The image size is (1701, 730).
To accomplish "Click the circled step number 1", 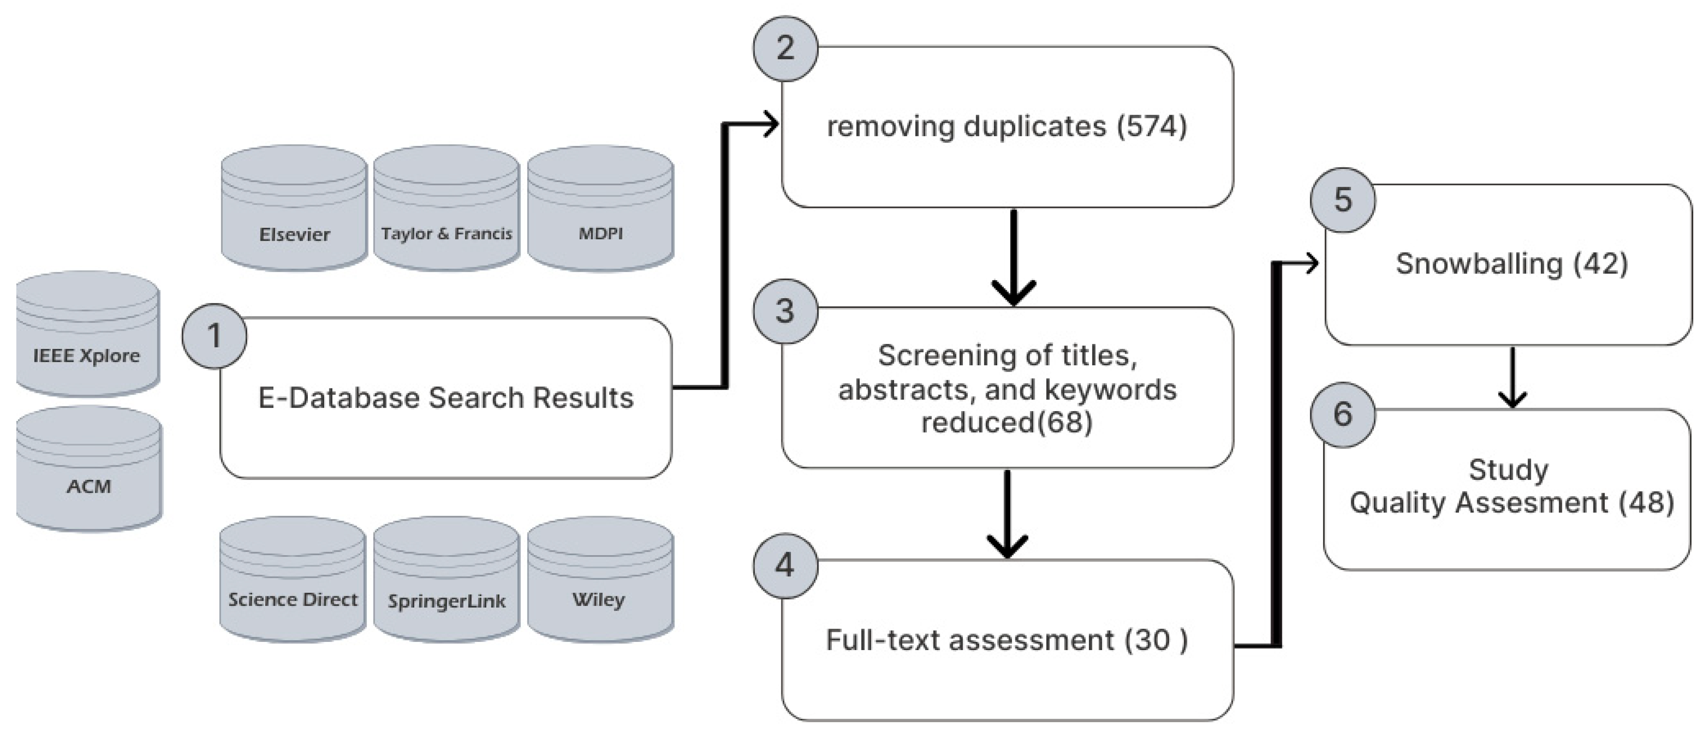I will point(215,336).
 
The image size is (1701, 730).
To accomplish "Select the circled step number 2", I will point(785,48).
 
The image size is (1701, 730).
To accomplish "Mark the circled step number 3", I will point(785,311).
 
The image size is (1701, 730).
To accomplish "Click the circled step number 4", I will point(785,565).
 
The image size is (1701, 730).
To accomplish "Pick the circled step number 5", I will point(1342,199).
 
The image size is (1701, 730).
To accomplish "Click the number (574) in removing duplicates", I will point(1152,126).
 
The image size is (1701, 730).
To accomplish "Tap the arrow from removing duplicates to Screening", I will point(1014,257).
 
